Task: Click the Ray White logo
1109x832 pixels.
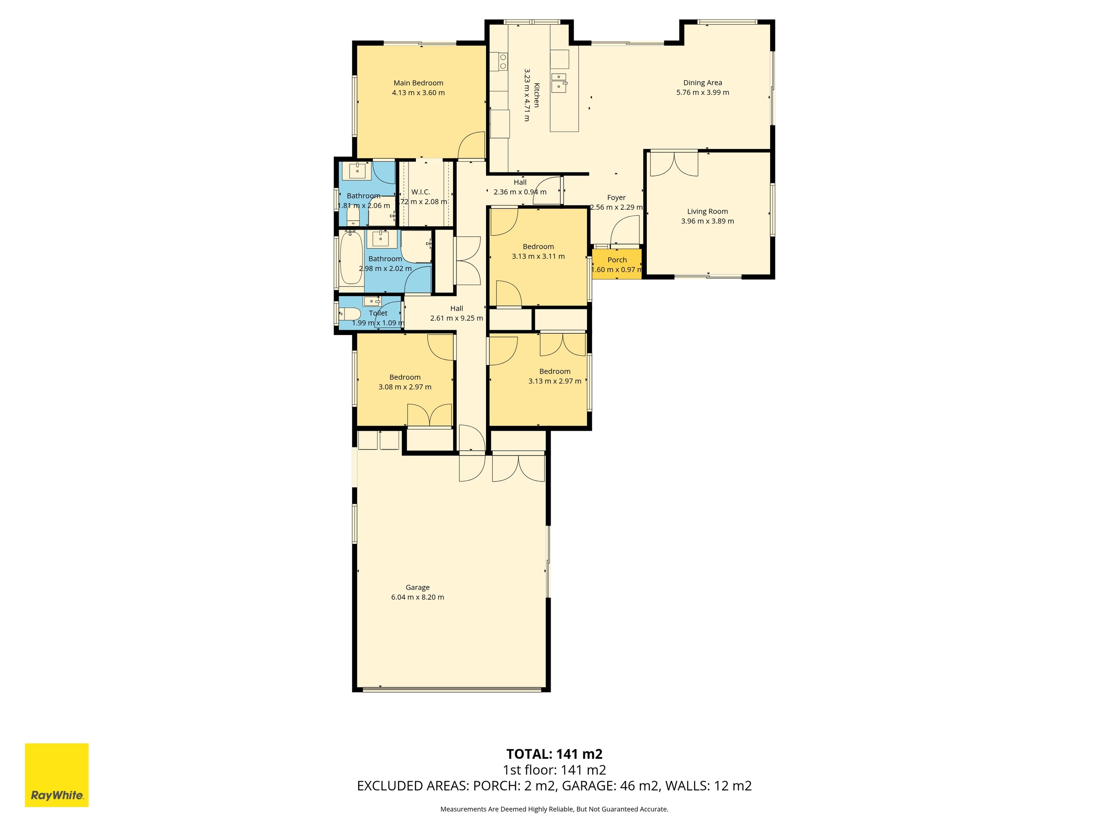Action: [57, 775]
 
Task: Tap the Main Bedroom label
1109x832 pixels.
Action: [418, 83]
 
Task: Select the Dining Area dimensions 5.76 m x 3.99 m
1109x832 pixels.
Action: [702, 93]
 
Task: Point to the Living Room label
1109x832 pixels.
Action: [707, 211]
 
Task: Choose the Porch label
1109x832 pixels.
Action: [617, 260]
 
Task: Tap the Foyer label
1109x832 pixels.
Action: [616, 198]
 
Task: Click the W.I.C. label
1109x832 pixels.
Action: [421, 192]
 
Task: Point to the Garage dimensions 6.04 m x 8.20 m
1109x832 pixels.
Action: [418, 597]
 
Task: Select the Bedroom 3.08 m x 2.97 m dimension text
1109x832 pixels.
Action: [405, 387]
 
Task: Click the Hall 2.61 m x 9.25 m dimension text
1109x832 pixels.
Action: [457, 318]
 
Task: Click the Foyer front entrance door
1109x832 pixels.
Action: [625, 230]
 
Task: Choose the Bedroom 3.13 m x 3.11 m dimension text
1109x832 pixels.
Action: [538, 256]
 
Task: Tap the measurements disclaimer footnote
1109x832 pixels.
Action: [554, 809]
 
